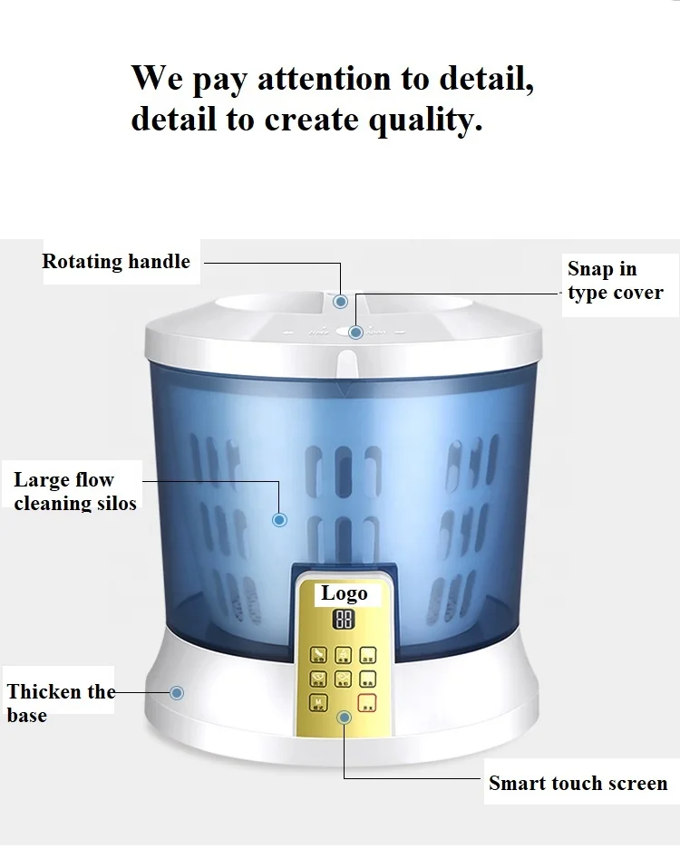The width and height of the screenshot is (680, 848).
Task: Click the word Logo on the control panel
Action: point(345,593)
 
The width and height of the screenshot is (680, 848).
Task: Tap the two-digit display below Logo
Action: point(344,621)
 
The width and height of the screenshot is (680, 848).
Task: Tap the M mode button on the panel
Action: point(320,701)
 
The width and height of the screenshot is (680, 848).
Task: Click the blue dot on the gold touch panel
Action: point(344,718)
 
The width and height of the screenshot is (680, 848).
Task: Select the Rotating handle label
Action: point(116,262)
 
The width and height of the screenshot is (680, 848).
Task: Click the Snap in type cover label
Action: point(615,281)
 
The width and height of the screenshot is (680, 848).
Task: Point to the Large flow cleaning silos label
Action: point(75,491)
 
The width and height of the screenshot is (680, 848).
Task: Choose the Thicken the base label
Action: point(61,703)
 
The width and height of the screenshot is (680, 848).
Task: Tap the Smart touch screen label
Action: point(578,783)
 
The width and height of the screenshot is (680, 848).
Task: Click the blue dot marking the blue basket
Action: point(280,520)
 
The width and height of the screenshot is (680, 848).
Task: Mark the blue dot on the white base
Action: point(177,693)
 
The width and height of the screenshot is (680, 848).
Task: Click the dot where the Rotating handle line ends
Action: point(340,302)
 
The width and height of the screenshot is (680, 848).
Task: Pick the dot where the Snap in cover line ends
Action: point(356,332)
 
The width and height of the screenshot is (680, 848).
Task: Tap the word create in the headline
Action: point(310,120)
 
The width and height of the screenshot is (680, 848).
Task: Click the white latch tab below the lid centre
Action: point(345,364)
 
